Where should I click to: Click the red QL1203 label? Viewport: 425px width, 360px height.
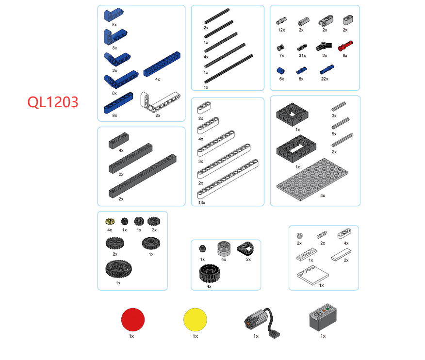point(53,102)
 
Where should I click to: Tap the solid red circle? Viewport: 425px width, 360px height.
point(133,319)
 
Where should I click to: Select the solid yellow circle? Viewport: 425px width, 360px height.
point(195,319)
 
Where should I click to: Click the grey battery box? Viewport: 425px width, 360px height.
point(323,317)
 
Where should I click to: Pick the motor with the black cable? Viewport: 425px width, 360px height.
point(262,322)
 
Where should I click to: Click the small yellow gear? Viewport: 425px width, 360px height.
point(110,221)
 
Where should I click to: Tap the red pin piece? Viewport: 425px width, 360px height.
point(345,46)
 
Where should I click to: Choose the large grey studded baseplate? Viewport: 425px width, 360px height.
point(312,180)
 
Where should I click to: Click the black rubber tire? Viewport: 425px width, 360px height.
point(209,273)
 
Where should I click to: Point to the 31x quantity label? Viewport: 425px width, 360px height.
point(302,56)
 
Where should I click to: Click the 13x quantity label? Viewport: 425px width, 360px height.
point(202,202)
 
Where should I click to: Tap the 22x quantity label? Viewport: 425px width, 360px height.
point(325,79)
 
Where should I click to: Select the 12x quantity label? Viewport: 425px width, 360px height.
point(281,30)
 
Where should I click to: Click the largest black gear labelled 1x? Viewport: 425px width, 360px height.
point(118,269)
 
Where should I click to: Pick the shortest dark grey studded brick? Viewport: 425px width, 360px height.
point(119,140)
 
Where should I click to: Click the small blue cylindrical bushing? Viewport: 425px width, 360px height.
point(281,71)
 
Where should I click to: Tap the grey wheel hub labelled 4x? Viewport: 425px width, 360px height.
point(224,248)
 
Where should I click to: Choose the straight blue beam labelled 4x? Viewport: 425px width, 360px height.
point(162,64)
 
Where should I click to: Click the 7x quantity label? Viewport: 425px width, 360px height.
point(281,56)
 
